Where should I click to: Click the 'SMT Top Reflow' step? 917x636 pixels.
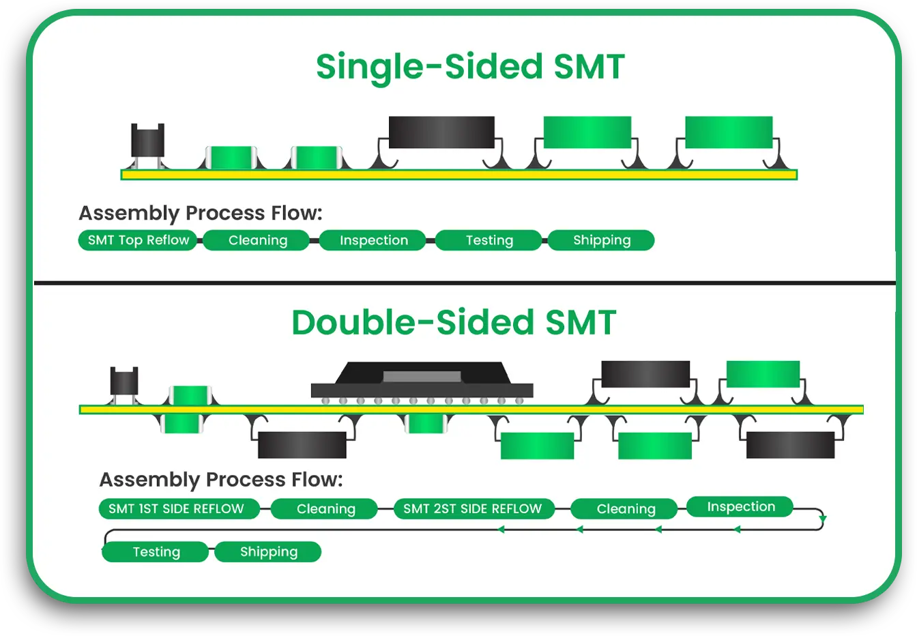click(x=138, y=240)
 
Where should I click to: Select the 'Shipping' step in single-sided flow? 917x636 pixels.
click(x=601, y=240)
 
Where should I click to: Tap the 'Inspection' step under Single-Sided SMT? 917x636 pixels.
click(x=373, y=240)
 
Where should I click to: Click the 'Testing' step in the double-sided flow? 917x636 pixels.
click(x=156, y=551)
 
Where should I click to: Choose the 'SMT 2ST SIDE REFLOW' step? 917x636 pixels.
click(x=474, y=508)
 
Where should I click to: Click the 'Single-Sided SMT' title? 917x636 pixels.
click(x=470, y=67)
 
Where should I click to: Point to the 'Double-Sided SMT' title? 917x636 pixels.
click(x=454, y=322)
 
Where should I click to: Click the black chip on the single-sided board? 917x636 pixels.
click(x=441, y=132)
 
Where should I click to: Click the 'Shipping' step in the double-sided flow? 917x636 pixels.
click(x=268, y=551)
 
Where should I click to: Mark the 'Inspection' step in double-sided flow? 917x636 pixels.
click(x=740, y=506)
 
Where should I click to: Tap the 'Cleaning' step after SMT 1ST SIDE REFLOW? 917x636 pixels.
click(x=325, y=508)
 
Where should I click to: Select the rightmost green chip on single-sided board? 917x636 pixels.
click(x=729, y=132)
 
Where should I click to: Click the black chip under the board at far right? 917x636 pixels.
click(x=790, y=445)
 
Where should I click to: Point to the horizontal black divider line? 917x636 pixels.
click(x=464, y=282)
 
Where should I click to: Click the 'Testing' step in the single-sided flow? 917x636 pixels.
click(x=489, y=240)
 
